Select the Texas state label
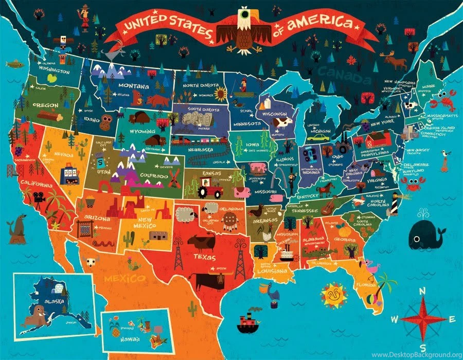pos(205,255)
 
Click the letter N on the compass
pos(422,292)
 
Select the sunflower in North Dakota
pos(221,93)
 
